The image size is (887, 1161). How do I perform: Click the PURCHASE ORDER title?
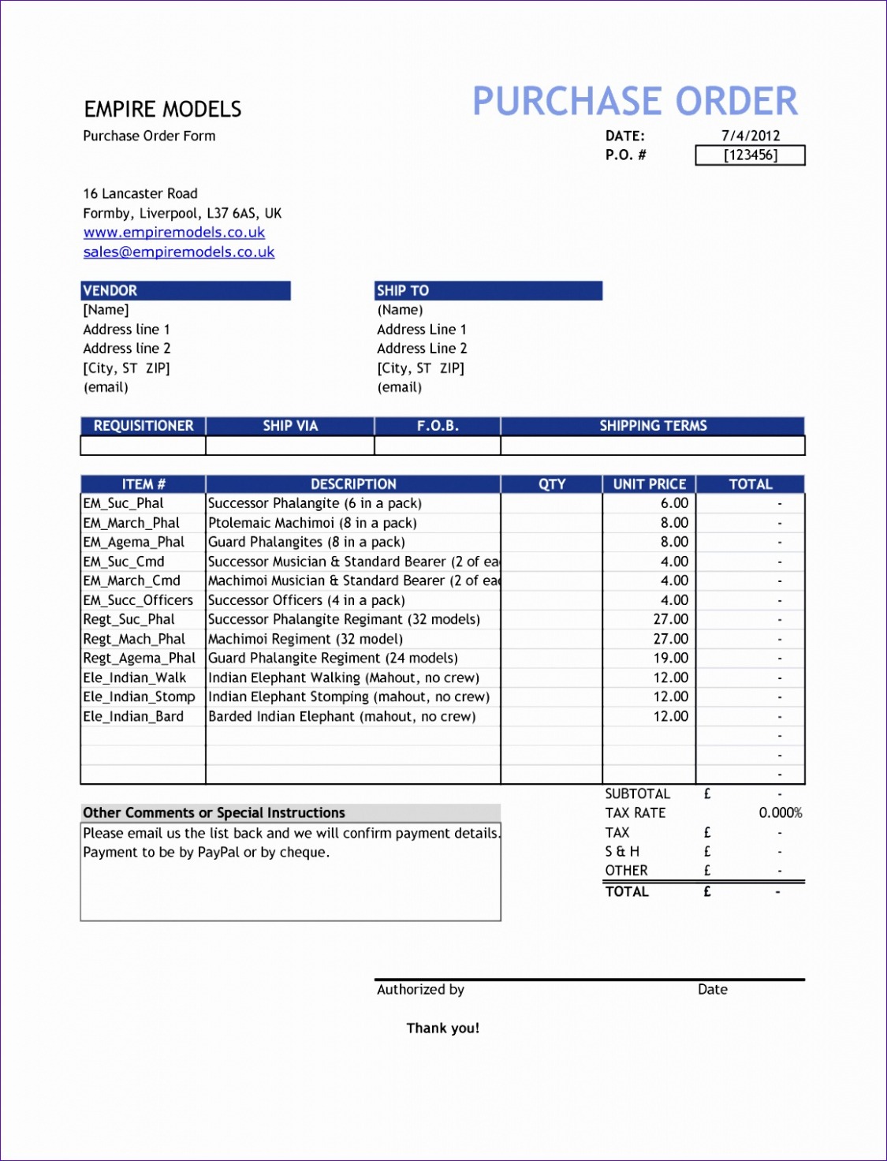point(635,102)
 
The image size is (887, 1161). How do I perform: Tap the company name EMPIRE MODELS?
point(162,109)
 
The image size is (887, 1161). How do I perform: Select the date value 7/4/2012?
point(750,136)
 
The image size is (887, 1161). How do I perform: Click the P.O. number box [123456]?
point(750,155)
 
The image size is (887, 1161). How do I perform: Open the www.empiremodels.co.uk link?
point(174,233)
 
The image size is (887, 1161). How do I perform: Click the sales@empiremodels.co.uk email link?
point(179,252)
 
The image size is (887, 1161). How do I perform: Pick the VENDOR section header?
point(110,290)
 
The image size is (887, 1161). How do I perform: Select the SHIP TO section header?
point(403,290)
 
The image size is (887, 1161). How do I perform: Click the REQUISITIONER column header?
point(143,426)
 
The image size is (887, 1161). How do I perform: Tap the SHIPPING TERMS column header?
point(653,426)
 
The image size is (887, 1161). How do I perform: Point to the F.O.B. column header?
point(438,426)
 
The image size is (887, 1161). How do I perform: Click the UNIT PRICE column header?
point(650,484)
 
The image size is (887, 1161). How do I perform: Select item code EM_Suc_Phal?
point(124,503)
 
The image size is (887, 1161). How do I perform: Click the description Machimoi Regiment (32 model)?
point(305,639)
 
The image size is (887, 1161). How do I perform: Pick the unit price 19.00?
point(671,658)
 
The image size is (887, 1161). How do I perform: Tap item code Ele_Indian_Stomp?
point(139,696)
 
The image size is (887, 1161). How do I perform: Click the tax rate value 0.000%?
point(781,812)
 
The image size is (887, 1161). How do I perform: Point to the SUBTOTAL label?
point(637,793)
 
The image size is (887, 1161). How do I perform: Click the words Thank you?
point(442,1028)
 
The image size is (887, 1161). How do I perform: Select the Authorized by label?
point(420,989)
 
